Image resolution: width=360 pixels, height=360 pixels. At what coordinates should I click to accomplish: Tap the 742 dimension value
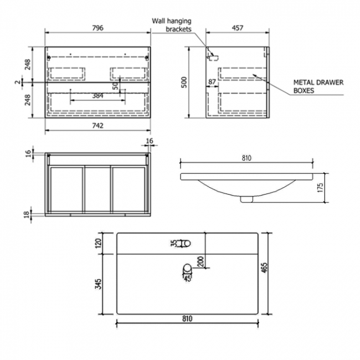(97, 126)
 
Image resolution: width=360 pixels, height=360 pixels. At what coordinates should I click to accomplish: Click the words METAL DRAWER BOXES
(318, 86)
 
